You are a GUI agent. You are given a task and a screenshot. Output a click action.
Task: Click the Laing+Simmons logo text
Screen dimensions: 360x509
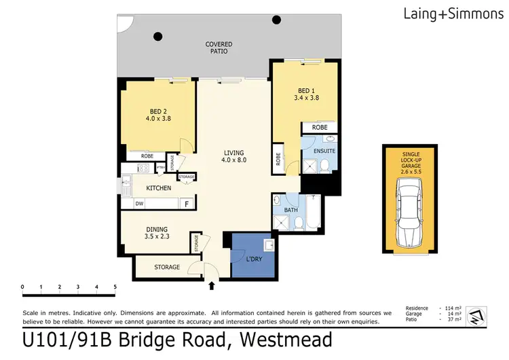point(453,12)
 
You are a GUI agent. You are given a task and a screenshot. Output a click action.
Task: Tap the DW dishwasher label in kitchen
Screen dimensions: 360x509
point(139,203)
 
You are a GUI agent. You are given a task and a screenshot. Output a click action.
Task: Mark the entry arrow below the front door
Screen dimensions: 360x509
point(211,286)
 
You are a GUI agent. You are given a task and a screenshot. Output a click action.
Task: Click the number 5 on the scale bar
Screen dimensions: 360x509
point(115,287)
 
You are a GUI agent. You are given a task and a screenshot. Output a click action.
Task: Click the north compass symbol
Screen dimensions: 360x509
point(478,314)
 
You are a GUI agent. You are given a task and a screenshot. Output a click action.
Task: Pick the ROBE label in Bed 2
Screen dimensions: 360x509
point(147,156)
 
